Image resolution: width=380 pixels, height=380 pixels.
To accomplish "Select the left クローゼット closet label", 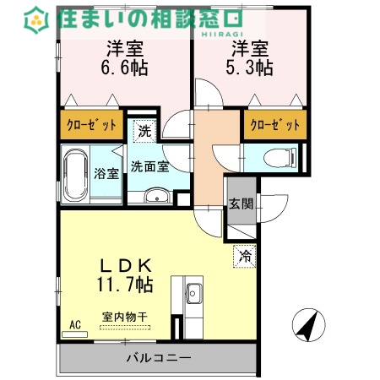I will tap(92, 126).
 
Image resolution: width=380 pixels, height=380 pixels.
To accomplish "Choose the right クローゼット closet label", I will tap(275, 126).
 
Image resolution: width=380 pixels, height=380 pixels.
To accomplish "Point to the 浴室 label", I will tap(107, 174).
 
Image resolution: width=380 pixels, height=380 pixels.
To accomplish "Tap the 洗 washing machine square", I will tap(144, 131).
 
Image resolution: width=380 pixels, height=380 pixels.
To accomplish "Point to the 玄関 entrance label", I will tap(239, 204).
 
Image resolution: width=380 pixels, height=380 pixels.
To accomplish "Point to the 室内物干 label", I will tap(124, 317).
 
